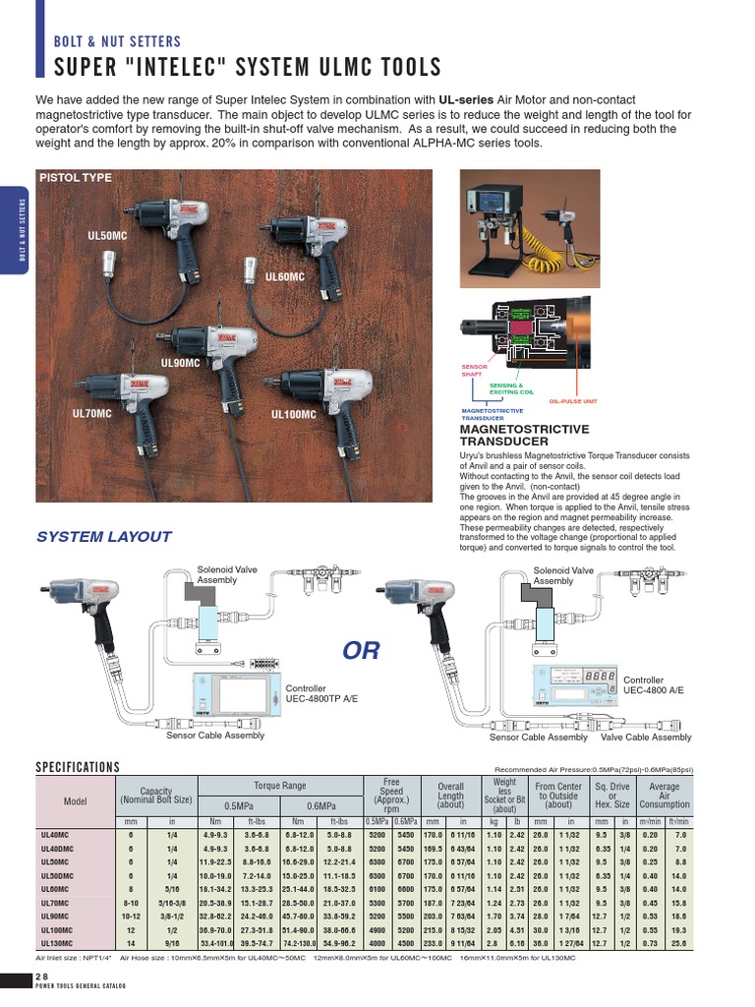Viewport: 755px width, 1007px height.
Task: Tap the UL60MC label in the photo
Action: (285, 277)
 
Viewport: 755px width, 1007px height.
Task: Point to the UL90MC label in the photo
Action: (180, 363)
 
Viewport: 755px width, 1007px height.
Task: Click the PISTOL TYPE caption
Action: (75, 178)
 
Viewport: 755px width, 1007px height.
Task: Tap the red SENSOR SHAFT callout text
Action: (475, 370)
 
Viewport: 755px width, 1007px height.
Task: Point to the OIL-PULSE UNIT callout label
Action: (573, 401)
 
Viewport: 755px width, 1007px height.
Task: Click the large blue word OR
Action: (361, 651)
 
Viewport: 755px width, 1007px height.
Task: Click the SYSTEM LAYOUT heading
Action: (103, 537)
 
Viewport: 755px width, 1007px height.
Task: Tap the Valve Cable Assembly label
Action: (646, 737)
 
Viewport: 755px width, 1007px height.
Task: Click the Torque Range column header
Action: (280, 786)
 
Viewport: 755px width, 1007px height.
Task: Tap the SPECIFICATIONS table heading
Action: (78, 767)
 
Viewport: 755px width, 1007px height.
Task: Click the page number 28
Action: (41, 977)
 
